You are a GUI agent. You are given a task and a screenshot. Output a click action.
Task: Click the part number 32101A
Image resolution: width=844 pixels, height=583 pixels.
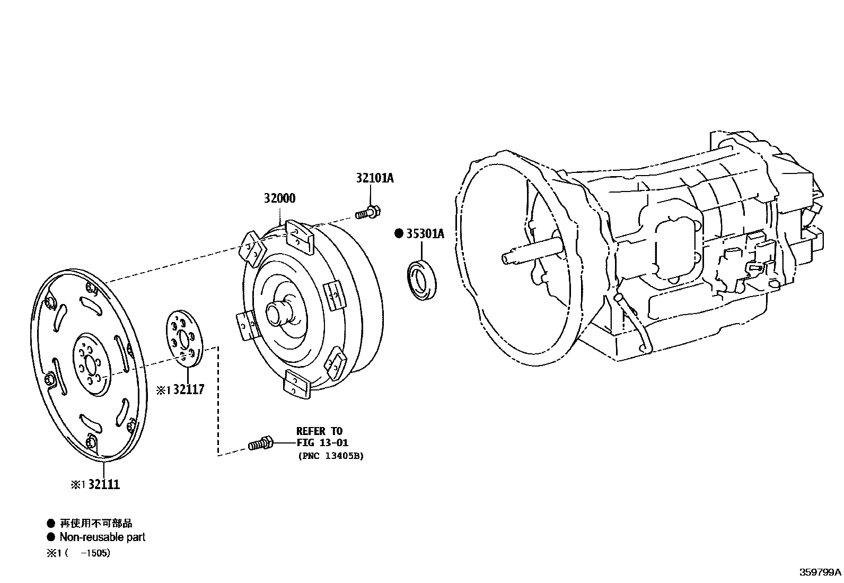[x=374, y=178]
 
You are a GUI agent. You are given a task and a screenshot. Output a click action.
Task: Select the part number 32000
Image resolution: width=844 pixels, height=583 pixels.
[x=279, y=198]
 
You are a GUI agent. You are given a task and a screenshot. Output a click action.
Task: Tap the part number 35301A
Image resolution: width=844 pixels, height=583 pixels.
[x=425, y=234]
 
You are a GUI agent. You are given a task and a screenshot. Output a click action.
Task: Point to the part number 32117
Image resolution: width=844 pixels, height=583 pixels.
[x=188, y=390]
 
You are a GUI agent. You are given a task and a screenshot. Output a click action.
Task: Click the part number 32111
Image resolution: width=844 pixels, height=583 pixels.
[x=104, y=484]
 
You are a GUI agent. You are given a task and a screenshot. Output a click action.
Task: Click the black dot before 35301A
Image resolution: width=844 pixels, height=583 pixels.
[x=399, y=234]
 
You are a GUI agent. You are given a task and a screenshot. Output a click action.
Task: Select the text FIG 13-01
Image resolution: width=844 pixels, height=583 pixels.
[x=322, y=443]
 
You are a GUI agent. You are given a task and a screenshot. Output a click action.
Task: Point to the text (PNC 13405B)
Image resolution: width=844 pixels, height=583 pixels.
[x=330, y=456]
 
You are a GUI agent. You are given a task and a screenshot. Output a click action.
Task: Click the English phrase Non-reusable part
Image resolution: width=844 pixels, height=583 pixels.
[x=102, y=537]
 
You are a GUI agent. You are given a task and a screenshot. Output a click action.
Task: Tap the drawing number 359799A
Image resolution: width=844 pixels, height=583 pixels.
[x=820, y=572]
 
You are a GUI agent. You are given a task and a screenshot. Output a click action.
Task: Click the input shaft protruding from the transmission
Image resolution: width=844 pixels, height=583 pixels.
[x=530, y=255]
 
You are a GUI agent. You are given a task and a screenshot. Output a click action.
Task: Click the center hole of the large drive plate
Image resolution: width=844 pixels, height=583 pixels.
[x=90, y=364]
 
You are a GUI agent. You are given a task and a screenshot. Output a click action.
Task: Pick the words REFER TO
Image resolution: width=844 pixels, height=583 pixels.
[x=319, y=431]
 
